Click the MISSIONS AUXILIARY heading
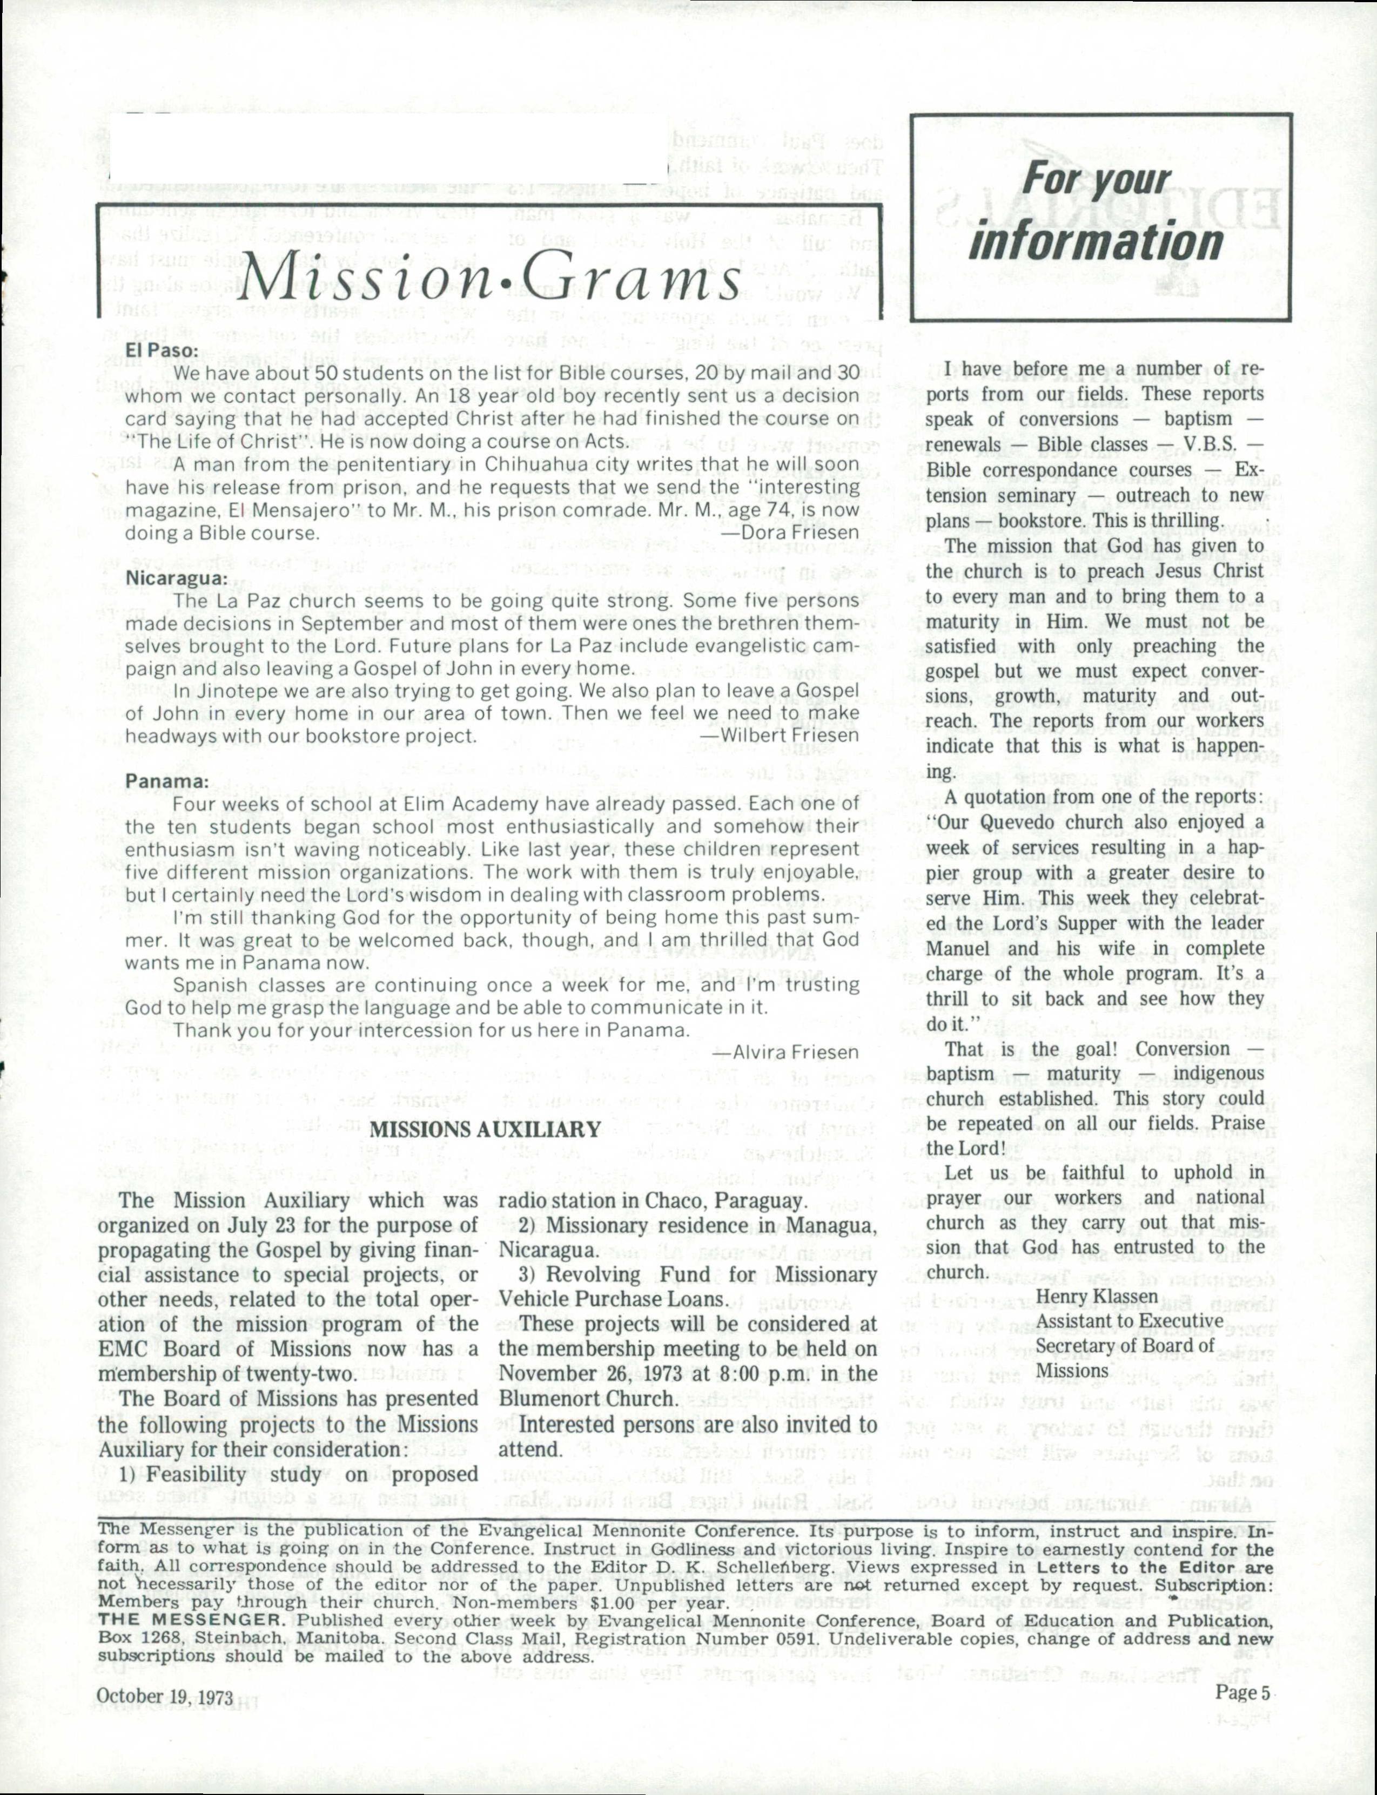coord(486,1130)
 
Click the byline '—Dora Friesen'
coord(789,532)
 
